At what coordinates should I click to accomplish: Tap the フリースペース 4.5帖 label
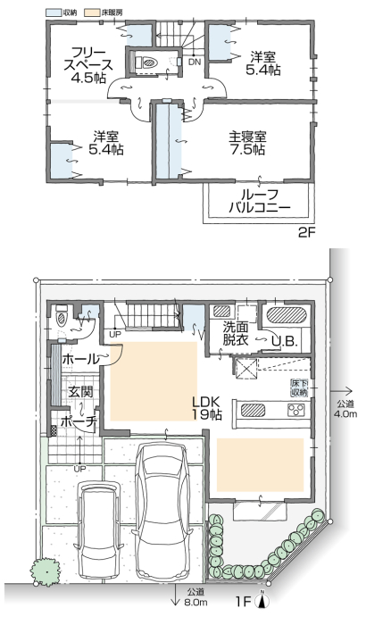coord(88,65)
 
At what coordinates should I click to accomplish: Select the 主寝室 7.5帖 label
coord(247,143)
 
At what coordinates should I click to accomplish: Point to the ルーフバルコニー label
coord(260,201)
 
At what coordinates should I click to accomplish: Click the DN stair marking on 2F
coord(195,62)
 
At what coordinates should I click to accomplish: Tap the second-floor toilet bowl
coord(149,63)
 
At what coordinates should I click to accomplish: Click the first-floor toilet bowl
coord(62,318)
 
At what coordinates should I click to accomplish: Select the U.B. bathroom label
coord(285,341)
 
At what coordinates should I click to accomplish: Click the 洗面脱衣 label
coord(236,334)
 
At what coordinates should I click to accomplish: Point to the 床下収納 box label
coord(299,387)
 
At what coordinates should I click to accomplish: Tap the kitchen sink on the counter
coord(253,410)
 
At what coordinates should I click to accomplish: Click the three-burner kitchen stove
coord(296,409)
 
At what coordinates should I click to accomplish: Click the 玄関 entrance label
coord(80,391)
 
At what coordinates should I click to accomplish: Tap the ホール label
coord(79,360)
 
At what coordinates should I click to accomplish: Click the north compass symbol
coord(262,599)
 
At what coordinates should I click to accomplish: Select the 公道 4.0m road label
coord(345,408)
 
